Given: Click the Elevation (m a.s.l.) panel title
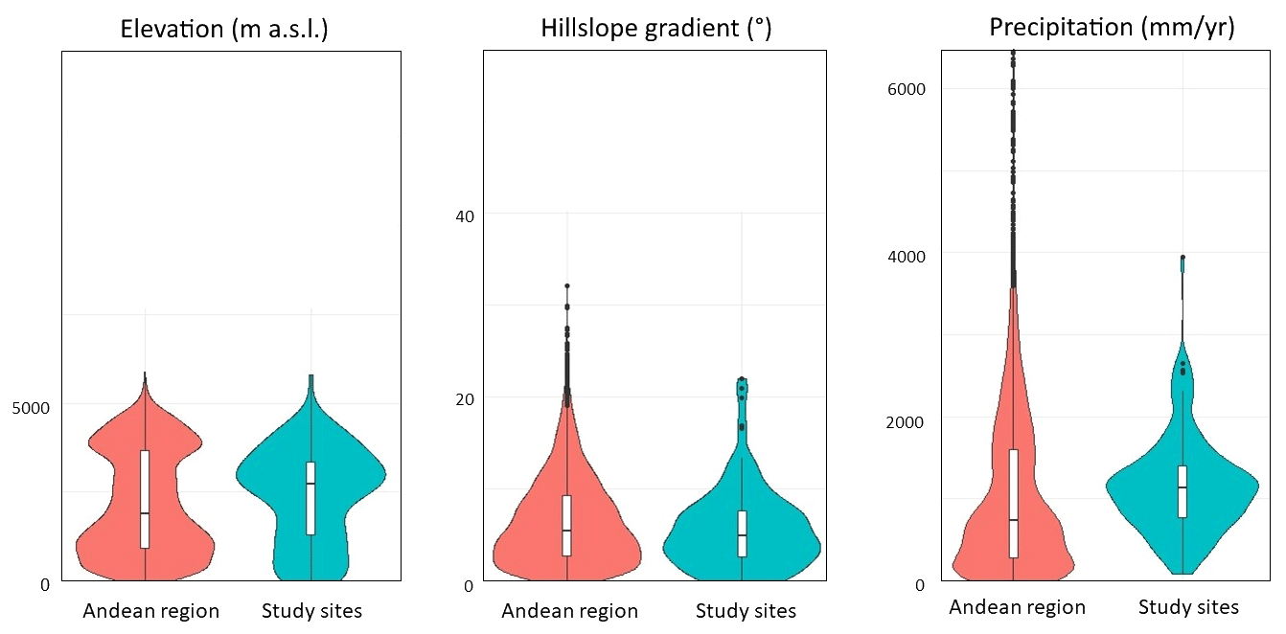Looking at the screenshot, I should coord(224,29).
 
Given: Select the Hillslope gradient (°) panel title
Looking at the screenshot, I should coord(655,29).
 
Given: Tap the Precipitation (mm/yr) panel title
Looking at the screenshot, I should coord(1112,27).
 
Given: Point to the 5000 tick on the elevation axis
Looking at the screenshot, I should coord(31,405).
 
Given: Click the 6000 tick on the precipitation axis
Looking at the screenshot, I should coord(906,89).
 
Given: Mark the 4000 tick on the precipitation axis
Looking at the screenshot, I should coord(906,256).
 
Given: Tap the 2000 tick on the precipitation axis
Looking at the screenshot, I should coord(906,421).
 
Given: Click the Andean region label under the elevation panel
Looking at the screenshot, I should coord(151,611).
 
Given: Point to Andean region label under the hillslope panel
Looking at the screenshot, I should coord(569,611).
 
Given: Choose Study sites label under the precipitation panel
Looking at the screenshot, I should coord(1188,607).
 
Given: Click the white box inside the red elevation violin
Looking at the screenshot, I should coord(145,498).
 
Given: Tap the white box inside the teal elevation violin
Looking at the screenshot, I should coord(310,498).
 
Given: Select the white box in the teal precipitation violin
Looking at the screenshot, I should coord(1183,491).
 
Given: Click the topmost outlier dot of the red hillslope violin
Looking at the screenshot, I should coord(567,285).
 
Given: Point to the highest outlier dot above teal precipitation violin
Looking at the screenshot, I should coord(1183,257).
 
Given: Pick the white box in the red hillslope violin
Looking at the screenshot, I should coord(567,525).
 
